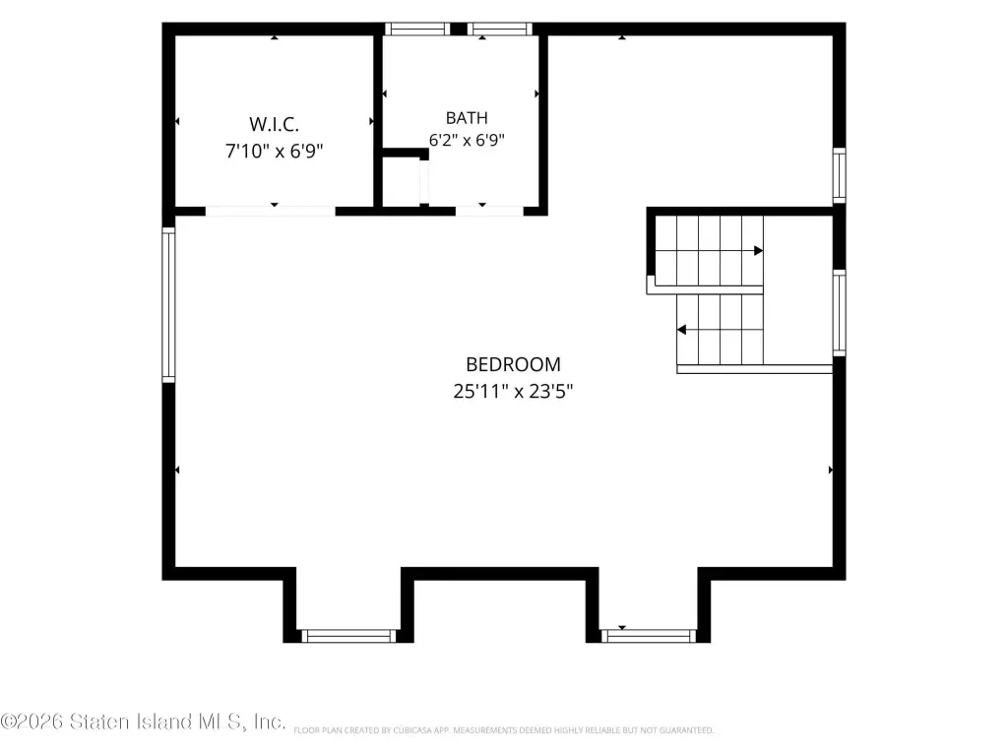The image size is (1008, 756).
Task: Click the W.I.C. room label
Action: click(x=274, y=123)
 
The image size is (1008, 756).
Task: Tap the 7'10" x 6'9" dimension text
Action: click(x=274, y=151)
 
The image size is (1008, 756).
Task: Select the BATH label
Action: click(x=467, y=118)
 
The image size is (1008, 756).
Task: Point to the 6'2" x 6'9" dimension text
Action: click(x=467, y=140)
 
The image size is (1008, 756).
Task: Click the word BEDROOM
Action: click(x=513, y=364)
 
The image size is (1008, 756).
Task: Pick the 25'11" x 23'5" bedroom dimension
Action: click(x=513, y=391)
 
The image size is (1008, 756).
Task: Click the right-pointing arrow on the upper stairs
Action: click(x=759, y=250)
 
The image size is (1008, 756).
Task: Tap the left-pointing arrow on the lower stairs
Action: click(x=681, y=330)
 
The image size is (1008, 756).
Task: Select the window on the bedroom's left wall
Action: click(x=168, y=305)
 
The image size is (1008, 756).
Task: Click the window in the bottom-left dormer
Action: click(x=349, y=636)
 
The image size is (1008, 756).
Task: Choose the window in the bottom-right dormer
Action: click(x=648, y=636)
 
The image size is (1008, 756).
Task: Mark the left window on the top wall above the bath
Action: click(x=417, y=29)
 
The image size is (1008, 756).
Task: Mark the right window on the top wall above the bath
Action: click(x=499, y=29)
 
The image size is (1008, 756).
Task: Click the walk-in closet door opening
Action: click(x=270, y=211)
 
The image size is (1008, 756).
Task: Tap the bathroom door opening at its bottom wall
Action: click(x=489, y=211)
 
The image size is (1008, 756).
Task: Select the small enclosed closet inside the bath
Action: click(x=402, y=182)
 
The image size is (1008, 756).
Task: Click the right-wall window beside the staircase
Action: click(x=839, y=312)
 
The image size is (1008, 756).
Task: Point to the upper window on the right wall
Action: click(x=839, y=175)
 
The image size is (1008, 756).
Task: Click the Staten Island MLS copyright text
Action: click(x=143, y=722)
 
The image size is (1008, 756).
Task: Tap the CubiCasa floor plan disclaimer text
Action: click(x=503, y=730)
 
